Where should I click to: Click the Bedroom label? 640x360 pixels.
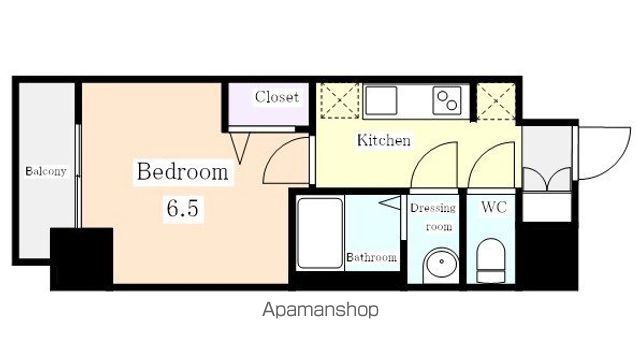pyautogui.click(x=182, y=172)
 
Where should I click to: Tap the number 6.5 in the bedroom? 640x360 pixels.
pyautogui.click(x=182, y=208)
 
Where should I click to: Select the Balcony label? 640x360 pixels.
pyautogui.click(x=46, y=171)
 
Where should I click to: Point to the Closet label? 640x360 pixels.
pyautogui.click(x=277, y=97)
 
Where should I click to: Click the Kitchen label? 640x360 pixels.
pyautogui.click(x=384, y=140)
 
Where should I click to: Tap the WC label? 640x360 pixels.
pyautogui.click(x=494, y=207)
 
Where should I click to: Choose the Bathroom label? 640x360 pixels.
pyautogui.click(x=371, y=258)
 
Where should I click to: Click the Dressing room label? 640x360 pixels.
pyautogui.click(x=433, y=217)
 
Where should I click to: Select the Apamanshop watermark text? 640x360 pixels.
pyautogui.click(x=320, y=310)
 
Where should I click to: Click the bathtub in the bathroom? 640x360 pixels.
pyautogui.click(x=320, y=233)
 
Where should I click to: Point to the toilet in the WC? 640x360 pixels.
pyautogui.click(x=491, y=260)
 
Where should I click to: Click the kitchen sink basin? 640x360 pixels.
pyautogui.click(x=381, y=100)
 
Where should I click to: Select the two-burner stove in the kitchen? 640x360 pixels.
pyautogui.click(x=447, y=100)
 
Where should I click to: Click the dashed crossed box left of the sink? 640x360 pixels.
pyautogui.click(x=339, y=101)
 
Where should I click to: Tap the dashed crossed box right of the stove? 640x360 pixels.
pyautogui.click(x=496, y=102)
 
